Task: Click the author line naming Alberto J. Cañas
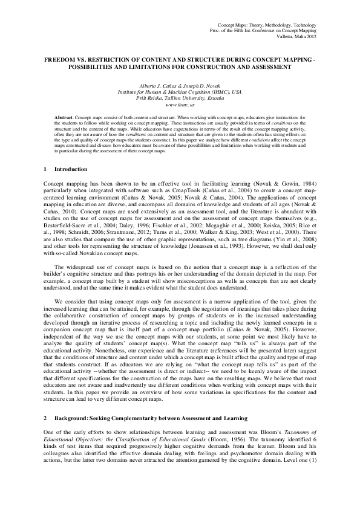[180, 86]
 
